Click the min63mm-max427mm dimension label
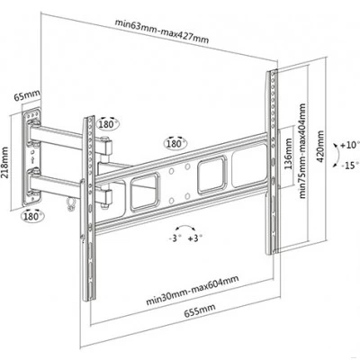(162, 31)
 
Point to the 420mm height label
(320, 147)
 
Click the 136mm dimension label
(288, 154)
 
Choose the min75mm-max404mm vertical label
(302, 151)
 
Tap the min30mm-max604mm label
(193, 290)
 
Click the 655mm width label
(200, 310)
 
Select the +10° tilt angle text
(349, 146)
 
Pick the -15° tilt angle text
(350, 166)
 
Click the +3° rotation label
(195, 238)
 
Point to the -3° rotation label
(175, 238)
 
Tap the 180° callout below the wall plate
(32, 215)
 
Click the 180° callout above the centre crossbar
(175, 143)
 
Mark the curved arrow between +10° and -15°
(337, 156)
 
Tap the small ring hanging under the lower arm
(71, 203)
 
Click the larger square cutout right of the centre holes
(211, 175)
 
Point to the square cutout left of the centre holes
(144, 193)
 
